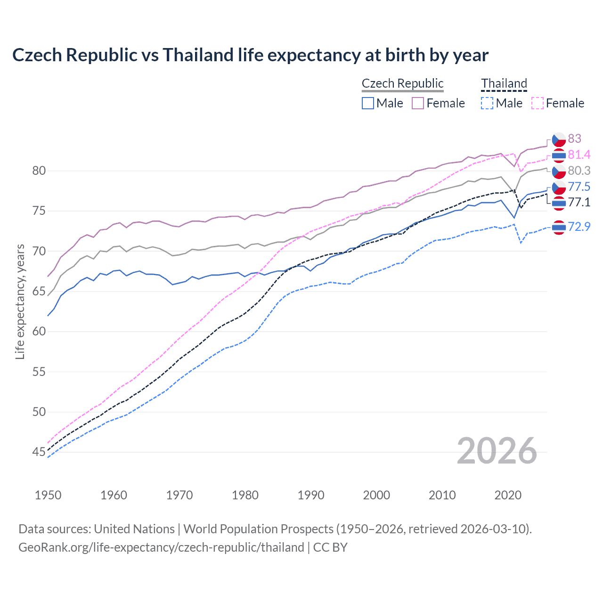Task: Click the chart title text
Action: click(x=250, y=55)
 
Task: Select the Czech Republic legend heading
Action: click(x=402, y=83)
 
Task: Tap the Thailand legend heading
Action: click(x=504, y=83)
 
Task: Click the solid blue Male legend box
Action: click(x=368, y=103)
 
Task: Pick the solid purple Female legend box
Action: click(x=418, y=103)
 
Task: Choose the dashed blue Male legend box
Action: click(x=487, y=103)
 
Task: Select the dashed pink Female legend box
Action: click(x=537, y=103)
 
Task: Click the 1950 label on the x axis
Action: click(x=48, y=495)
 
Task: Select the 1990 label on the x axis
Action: click(x=311, y=495)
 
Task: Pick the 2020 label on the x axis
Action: click(x=508, y=495)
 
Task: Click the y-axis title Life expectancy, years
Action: click(x=20, y=301)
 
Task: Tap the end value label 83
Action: click(x=574, y=139)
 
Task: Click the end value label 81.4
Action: click(x=579, y=155)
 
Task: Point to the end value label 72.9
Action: click(x=579, y=227)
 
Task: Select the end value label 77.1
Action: click(x=579, y=203)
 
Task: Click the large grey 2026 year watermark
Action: click(x=497, y=451)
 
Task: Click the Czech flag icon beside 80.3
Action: click(x=559, y=171)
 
